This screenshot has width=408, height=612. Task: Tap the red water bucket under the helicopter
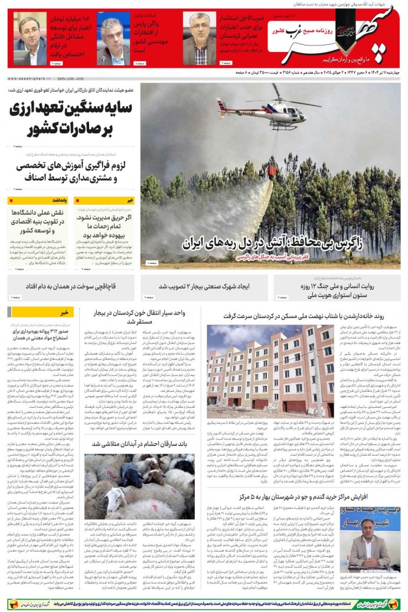point(272,172)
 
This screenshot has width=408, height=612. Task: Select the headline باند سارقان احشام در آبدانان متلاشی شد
point(139,443)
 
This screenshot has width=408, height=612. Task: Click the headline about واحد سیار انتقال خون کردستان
point(143,317)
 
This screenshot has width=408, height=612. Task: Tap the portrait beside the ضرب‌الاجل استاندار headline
point(199,38)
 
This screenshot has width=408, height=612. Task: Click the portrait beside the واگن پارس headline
point(113,38)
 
